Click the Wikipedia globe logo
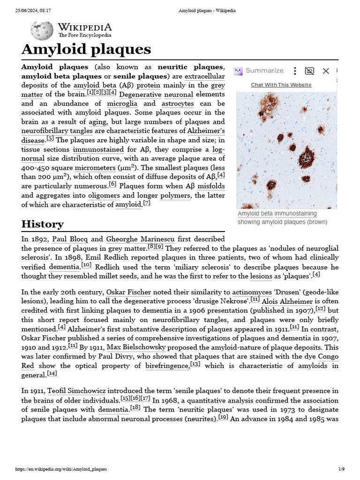click(x=42, y=30)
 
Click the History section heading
click(x=42, y=224)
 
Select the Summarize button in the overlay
click(x=264, y=71)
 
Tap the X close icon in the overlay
click(x=326, y=71)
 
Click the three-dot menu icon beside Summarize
click(x=295, y=71)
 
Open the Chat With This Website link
click(x=281, y=85)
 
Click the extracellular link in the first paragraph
click(x=204, y=76)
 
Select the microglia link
click(x=122, y=104)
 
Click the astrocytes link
click(x=177, y=104)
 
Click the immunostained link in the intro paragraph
click(x=98, y=150)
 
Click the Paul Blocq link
click(x=70, y=239)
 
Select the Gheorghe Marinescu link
click(x=136, y=239)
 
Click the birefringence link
click(x=167, y=366)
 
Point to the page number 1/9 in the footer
click(x=341, y=469)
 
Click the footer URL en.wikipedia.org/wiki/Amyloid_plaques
click(x=61, y=469)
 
